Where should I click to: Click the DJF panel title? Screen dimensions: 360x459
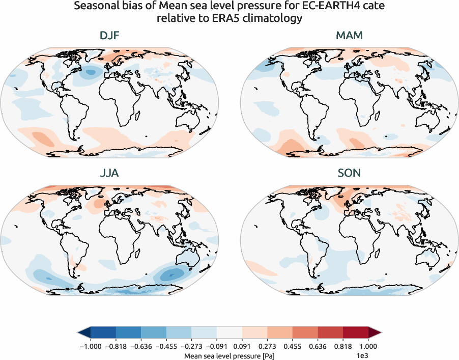pyautogui.click(x=109, y=36)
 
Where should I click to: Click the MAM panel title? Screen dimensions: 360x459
pyautogui.click(x=349, y=36)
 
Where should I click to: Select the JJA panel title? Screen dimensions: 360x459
pyautogui.click(x=109, y=173)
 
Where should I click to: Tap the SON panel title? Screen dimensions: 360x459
pyautogui.click(x=349, y=173)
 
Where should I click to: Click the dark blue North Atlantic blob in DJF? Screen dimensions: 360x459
pyautogui.click(x=91, y=72)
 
